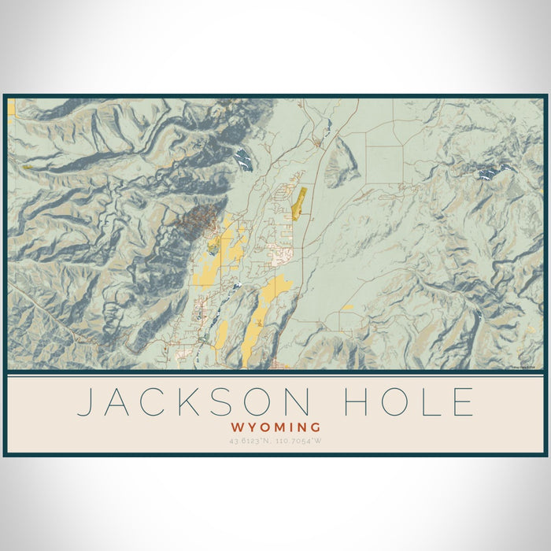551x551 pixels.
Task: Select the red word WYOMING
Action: (275, 427)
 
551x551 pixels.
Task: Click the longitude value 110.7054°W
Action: (300, 440)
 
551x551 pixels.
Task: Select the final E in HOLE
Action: (464, 402)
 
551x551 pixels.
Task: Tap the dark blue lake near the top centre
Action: (243, 160)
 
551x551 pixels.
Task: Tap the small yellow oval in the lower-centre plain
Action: (346, 308)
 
